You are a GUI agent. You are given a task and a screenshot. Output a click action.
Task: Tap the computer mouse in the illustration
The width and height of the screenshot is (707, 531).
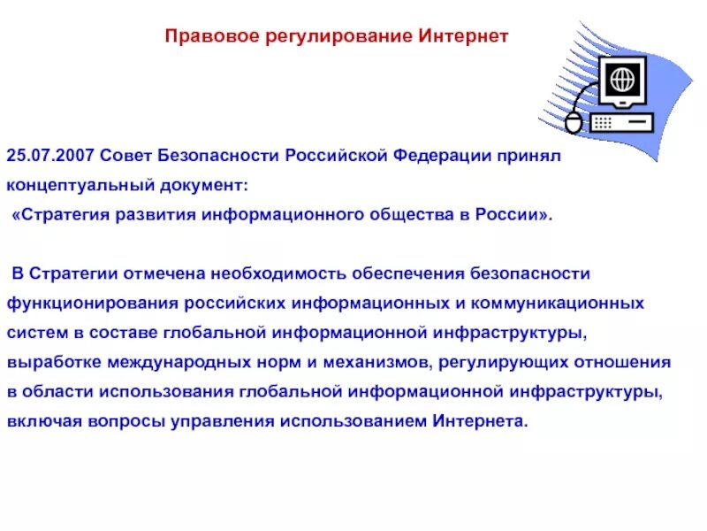pos(574,121)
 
